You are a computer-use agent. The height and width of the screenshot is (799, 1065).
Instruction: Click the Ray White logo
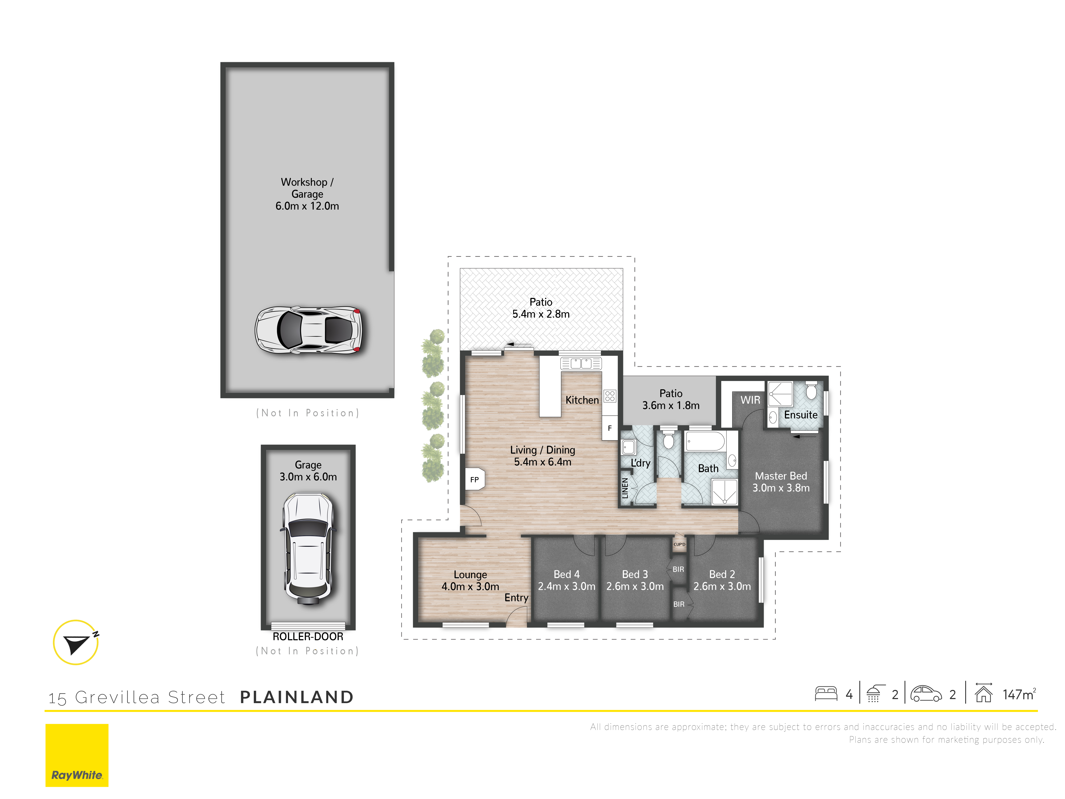click(x=77, y=755)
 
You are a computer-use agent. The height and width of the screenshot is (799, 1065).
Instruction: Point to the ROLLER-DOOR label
click(x=308, y=637)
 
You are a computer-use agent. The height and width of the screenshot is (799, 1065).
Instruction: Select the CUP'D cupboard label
click(x=679, y=544)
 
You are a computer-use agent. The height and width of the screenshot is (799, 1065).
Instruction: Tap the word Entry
click(x=516, y=598)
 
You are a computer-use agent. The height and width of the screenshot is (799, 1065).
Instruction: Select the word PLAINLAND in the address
click(x=296, y=697)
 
